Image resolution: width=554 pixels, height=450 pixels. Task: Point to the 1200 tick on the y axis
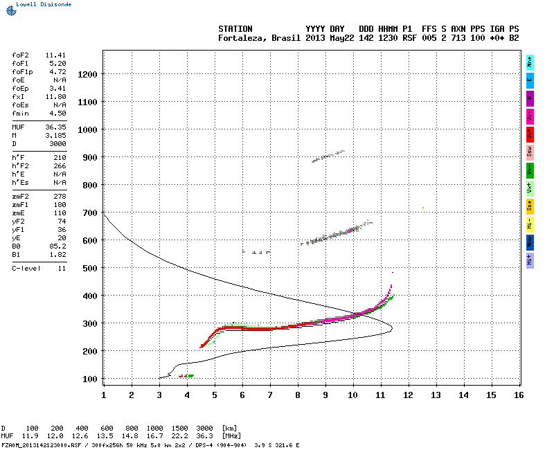(x=87, y=74)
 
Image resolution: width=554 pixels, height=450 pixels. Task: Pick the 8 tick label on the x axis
(x=298, y=395)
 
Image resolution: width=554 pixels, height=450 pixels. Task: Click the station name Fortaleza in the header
(x=240, y=38)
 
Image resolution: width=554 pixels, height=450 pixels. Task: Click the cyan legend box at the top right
(x=530, y=62)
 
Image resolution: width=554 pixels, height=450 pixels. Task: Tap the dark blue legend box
(x=530, y=242)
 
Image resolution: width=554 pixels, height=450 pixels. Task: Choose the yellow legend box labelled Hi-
(x=530, y=224)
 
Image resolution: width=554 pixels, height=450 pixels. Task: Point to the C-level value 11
(x=62, y=268)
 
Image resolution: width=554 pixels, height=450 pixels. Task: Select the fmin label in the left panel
(x=19, y=113)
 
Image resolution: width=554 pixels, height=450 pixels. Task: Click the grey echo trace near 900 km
(x=328, y=156)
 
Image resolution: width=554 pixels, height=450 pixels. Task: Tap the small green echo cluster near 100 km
(x=186, y=376)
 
